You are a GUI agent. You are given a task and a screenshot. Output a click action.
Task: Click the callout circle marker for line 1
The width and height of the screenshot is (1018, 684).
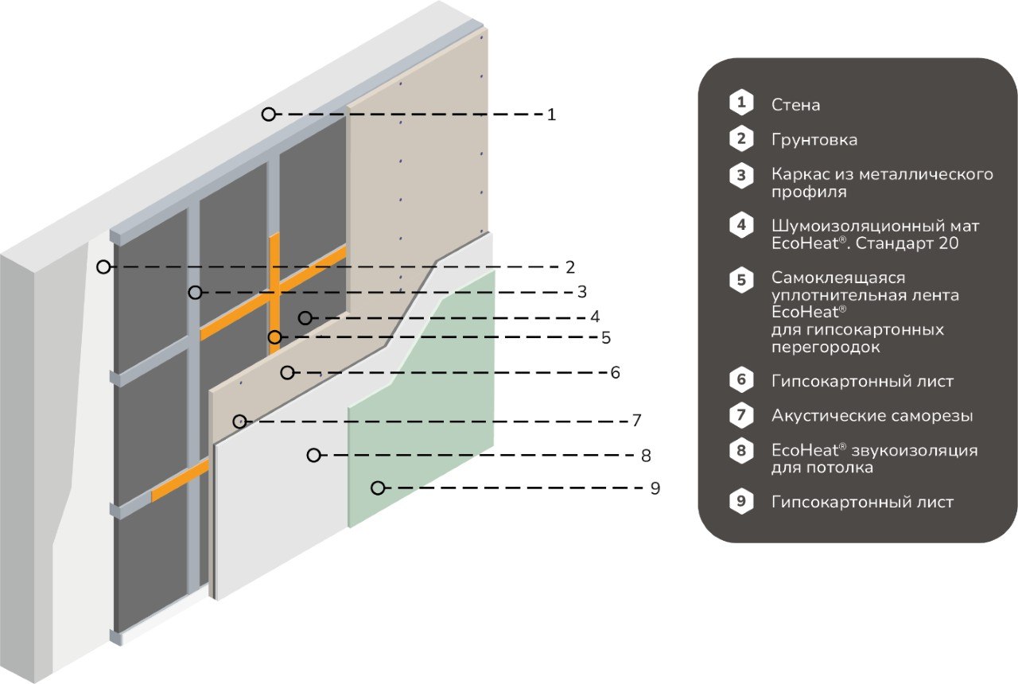pyautogui.click(x=269, y=114)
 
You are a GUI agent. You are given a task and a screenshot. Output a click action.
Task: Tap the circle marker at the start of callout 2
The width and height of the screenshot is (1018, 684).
pyautogui.click(x=103, y=266)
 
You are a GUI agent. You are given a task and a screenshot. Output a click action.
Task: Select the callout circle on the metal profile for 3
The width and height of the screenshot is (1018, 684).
pyautogui.click(x=196, y=292)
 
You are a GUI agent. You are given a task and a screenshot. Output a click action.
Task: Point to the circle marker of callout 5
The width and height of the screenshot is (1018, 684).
pyautogui.click(x=274, y=337)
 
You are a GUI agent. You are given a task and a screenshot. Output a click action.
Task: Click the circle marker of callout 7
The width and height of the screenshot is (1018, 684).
pyautogui.click(x=240, y=422)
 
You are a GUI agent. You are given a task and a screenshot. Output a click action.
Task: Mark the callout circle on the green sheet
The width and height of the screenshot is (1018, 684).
pyautogui.click(x=378, y=488)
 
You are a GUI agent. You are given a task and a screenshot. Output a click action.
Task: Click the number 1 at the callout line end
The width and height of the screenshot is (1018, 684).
pyautogui.click(x=551, y=115)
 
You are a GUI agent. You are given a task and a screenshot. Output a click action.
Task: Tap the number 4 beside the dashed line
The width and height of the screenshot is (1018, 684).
pyautogui.click(x=595, y=317)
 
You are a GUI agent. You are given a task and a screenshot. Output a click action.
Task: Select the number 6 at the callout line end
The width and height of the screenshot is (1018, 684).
pyautogui.click(x=616, y=373)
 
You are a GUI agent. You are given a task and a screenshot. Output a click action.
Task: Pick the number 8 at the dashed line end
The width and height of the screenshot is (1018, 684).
pyautogui.click(x=646, y=456)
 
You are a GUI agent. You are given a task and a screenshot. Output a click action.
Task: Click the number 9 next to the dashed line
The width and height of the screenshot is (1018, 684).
pyautogui.click(x=655, y=488)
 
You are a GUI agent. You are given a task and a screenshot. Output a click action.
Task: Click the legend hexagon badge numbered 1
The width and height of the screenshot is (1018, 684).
pyautogui.click(x=741, y=103)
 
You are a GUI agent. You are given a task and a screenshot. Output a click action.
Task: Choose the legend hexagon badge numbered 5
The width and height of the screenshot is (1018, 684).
pyautogui.click(x=741, y=279)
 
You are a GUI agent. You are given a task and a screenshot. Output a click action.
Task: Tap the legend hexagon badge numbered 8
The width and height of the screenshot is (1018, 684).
pyautogui.click(x=741, y=450)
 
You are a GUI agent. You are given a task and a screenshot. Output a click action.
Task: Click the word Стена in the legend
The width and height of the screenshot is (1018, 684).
pyautogui.click(x=796, y=105)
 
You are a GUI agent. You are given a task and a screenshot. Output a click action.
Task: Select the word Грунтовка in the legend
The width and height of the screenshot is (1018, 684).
pyautogui.click(x=814, y=139)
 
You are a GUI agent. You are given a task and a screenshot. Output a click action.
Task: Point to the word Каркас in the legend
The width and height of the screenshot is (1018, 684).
pyautogui.click(x=798, y=174)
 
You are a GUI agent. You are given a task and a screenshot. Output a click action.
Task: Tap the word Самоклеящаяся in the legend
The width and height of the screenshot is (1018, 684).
pyautogui.click(x=838, y=278)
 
